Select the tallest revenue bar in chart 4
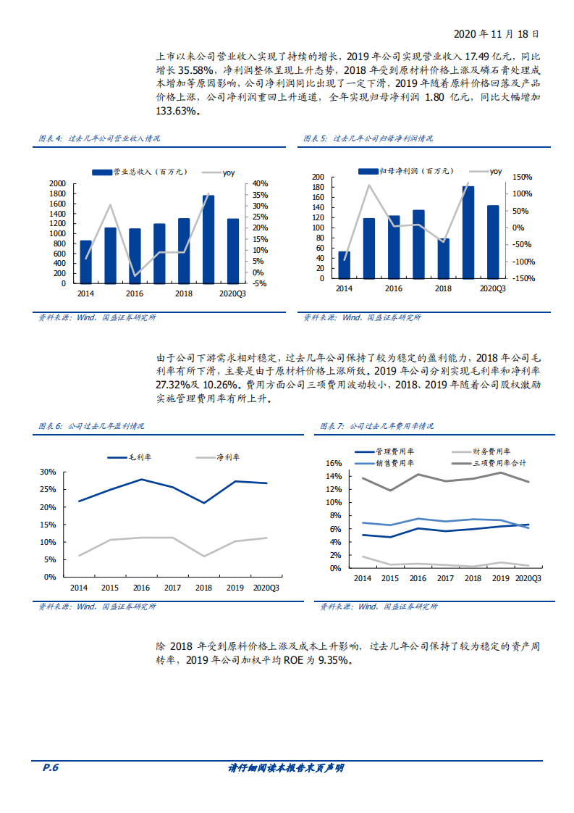(x=208, y=239)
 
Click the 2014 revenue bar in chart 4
(x=85, y=262)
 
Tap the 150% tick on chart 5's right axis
(x=522, y=177)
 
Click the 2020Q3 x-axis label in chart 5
(x=492, y=288)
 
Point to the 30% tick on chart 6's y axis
(x=48, y=472)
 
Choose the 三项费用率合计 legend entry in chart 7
(x=499, y=462)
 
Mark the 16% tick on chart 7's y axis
(x=333, y=463)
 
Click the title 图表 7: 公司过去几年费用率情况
(x=376, y=426)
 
